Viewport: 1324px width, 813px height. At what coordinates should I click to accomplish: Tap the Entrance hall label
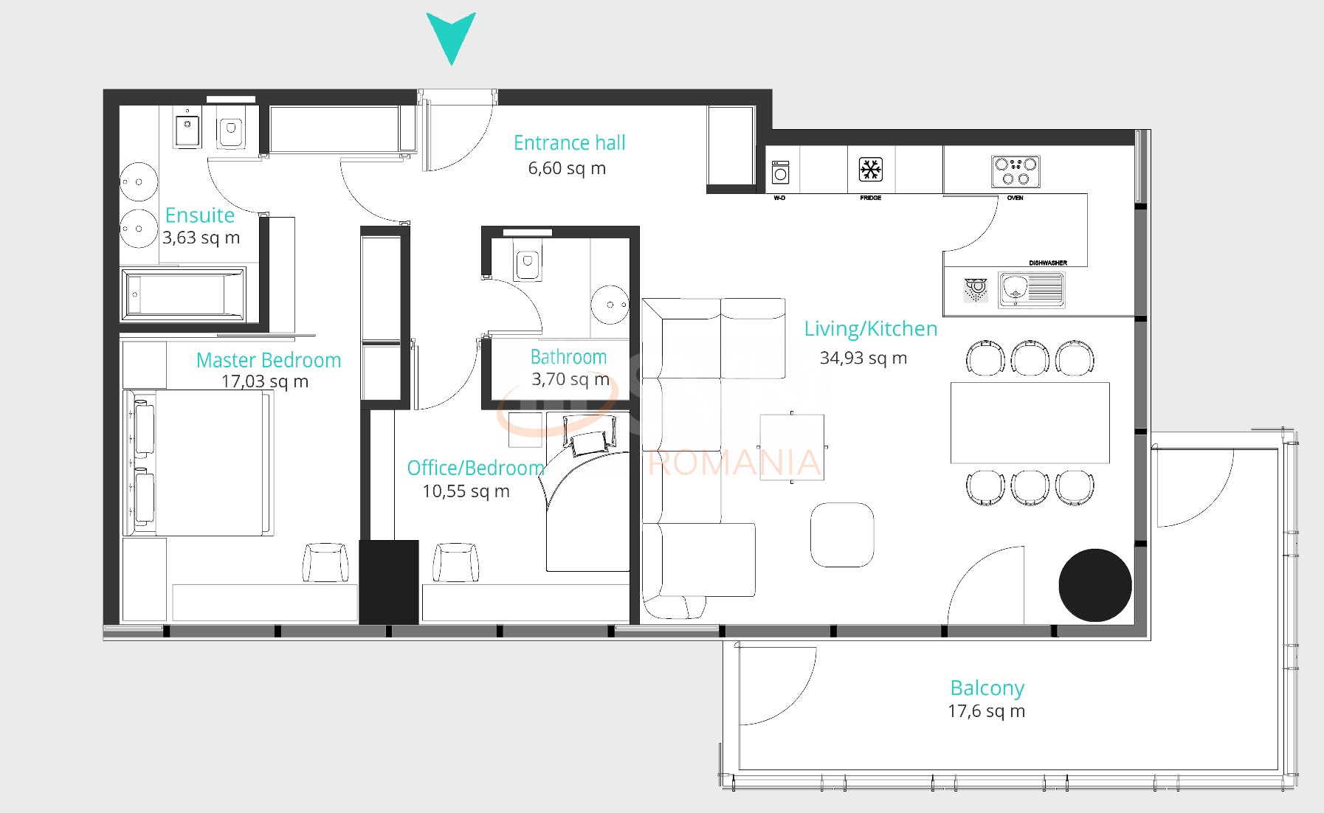pyautogui.click(x=569, y=142)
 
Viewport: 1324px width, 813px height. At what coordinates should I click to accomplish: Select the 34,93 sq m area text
pyautogui.click(x=863, y=358)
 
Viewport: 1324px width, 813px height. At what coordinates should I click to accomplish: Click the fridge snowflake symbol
pyautogui.click(x=871, y=170)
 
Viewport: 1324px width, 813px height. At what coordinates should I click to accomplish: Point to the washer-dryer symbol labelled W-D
pyautogui.click(x=780, y=173)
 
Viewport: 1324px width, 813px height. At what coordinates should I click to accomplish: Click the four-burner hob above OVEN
pyautogui.click(x=1016, y=171)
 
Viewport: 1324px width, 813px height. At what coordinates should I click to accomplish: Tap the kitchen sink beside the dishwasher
pyautogui.click(x=1031, y=289)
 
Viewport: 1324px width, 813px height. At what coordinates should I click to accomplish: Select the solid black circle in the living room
pyautogui.click(x=1094, y=585)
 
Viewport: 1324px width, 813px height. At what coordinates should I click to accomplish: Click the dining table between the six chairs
pyautogui.click(x=1030, y=423)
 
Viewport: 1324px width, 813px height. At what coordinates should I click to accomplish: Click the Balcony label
pyautogui.click(x=987, y=688)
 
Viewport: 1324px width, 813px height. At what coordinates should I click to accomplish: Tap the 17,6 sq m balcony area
pyautogui.click(x=986, y=711)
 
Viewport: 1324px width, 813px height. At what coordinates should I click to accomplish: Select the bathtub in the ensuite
pyautogui.click(x=182, y=294)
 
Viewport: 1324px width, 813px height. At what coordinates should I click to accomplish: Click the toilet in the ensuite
pyautogui.click(x=231, y=132)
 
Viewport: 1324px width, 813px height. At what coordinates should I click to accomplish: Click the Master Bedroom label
pyautogui.click(x=269, y=360)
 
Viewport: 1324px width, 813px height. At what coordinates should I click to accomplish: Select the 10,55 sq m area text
pyautogui.click(x=466, y=491)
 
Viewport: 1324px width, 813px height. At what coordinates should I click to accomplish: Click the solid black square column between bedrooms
pyautogui.click(x=388, y=582)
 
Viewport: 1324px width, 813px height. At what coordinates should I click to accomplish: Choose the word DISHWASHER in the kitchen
pyautogui.click(x=1048, y=263)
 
